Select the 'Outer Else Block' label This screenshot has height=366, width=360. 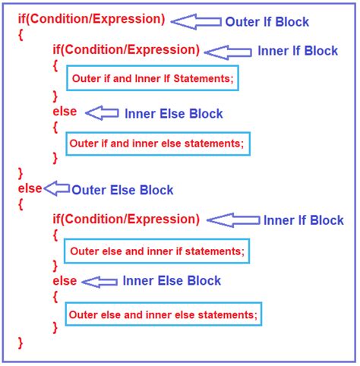click(x=122, y=190)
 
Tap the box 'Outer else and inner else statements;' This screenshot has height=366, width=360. click(x=163, y=313)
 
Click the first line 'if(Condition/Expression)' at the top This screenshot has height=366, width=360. click(x=91, y=18)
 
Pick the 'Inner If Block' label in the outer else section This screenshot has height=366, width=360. click(x=304, y=220)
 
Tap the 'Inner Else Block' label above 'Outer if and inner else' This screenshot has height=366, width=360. click(x=174, y=114)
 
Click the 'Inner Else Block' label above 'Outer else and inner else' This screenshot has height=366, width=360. click(x=172, y=281)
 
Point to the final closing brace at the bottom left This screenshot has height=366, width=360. click(x=21, y=343)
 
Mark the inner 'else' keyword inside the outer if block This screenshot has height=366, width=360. click(x=65, y=112)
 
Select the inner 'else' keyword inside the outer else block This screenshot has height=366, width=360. click(x=65, y=281)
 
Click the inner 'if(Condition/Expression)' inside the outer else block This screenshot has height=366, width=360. click(x=126, y=219)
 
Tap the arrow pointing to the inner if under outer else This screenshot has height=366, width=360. click(x=232, y=220)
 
